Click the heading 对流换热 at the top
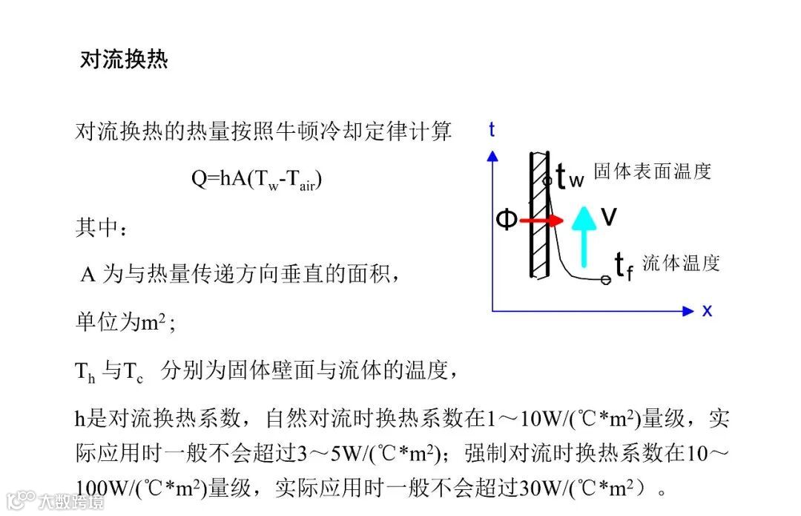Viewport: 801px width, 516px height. (124, 59)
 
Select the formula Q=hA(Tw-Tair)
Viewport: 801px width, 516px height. (257, 179)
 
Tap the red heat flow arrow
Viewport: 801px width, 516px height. (541, 221)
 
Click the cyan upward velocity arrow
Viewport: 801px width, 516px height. (584, 235)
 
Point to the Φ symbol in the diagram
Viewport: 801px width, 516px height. (506, 219)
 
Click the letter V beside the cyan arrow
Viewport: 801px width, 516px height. (609, 217)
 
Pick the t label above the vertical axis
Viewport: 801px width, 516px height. (492, 130)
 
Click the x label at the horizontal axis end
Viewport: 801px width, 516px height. (707, 310)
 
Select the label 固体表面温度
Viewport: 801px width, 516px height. (653, 172)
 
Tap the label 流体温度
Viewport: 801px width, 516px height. (681, 263)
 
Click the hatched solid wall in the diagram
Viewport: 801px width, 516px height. (539, 215)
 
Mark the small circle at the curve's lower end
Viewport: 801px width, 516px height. (605, 280)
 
